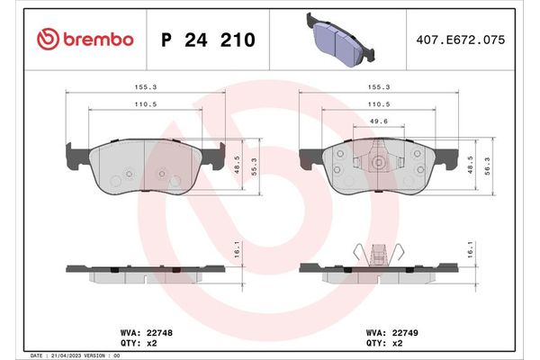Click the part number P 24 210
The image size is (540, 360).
coord(207,40)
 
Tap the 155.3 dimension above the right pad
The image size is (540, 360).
coord(379,88)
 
